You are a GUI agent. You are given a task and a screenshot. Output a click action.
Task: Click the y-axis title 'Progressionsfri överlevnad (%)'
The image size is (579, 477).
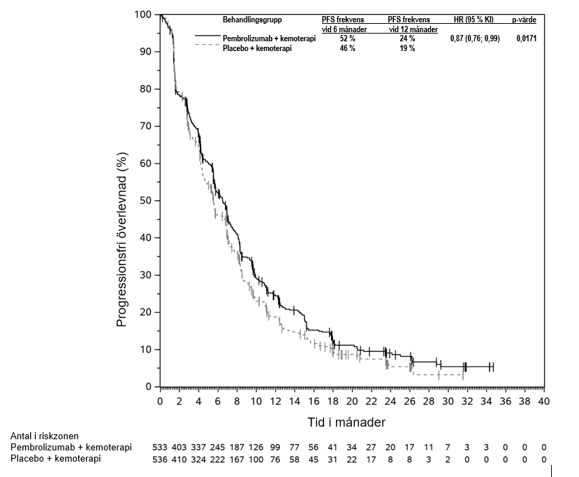(122, 239)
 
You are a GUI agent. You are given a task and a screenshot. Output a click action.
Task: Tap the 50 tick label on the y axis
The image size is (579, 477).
(145, 201)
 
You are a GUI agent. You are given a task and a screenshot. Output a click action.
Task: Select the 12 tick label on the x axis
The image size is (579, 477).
(275, 401)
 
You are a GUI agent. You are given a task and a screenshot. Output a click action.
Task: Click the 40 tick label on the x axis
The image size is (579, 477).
(544, 401)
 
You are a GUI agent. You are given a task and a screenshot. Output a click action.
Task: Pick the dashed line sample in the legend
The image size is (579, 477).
(206, 45)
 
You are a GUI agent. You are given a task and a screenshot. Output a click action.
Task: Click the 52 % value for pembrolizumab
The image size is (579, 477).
(348, 39)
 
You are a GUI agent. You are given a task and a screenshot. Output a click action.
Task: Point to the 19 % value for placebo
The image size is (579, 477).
(407, 49)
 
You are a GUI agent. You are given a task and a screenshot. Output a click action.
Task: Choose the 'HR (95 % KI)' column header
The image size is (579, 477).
(474, 19)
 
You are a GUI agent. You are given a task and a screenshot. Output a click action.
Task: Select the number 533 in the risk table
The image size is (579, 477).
(160, 447)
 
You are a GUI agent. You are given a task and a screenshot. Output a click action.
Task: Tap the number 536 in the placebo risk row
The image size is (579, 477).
(160, 459)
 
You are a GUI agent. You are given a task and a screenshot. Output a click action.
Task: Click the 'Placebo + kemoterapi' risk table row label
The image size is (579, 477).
(55, 459)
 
